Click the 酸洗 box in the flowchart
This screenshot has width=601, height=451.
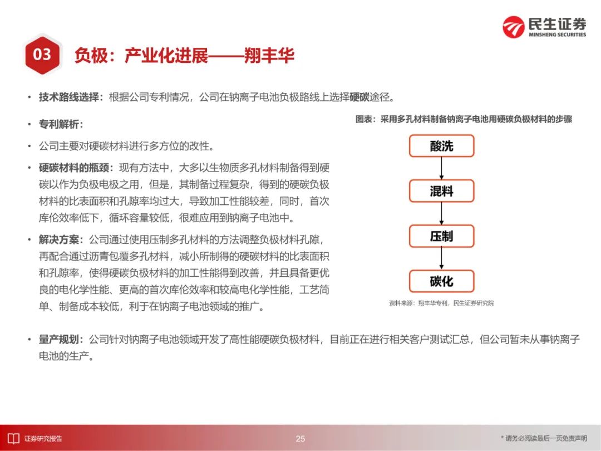tap(441, 146)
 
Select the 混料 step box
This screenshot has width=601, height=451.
tap(441, 191)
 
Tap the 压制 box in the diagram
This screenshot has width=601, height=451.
tap(441, 236)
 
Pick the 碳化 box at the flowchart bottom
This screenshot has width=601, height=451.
tap(441, 281)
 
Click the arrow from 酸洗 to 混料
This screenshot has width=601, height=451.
tap(441, 168)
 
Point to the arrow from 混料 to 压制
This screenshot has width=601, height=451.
tap(441, 214)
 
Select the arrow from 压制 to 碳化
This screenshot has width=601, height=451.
tap(441, 258)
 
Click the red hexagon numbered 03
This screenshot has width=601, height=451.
tap(42, 55)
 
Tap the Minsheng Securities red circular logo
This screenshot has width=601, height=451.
tap(513, 27)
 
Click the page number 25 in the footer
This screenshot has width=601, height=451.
tap(300, 438)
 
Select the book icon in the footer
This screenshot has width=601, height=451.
tap(14, 438)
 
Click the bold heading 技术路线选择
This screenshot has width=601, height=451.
tap(69, 97)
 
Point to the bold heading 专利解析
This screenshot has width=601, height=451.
tap(59, 124)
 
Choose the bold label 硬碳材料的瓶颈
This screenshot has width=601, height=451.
tap(74, 168)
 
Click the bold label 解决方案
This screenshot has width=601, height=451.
tap(59, 239)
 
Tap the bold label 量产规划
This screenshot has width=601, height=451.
tap(59, 340)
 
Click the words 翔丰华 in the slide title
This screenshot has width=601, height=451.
tap(269, 56)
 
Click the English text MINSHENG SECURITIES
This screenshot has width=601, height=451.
tap(557, 35)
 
